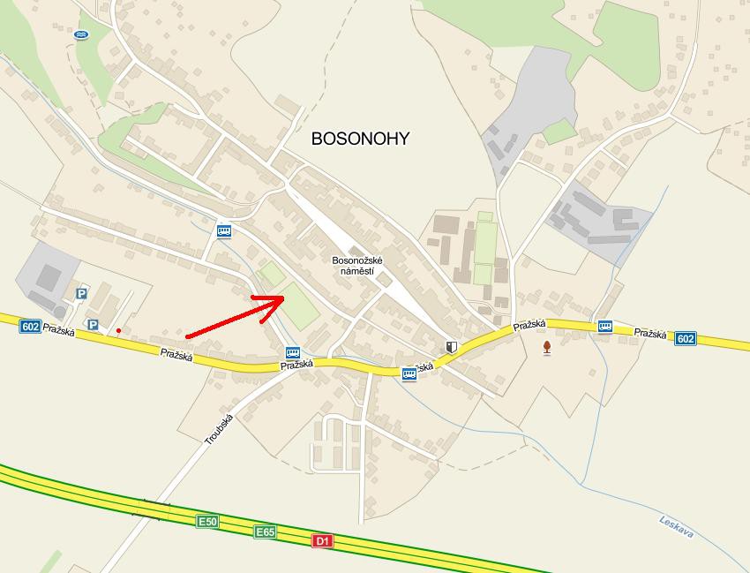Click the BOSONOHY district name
360,139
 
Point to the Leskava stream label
676,528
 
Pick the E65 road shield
265,532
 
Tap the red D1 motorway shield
323,540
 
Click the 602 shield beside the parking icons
30,327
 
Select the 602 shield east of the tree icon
686,338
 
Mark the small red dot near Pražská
118,331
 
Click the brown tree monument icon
547,347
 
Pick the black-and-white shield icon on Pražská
452,347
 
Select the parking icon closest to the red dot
92,325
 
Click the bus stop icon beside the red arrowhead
293,353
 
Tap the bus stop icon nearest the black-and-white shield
409,374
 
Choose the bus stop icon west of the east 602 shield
604,327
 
